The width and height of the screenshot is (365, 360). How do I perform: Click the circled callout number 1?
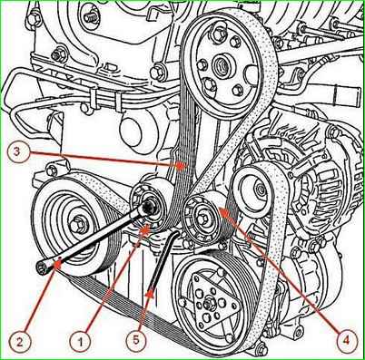point(80,342)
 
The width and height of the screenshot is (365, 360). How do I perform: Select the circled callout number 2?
point(20,342)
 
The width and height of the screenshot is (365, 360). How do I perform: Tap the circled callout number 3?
point(17,151)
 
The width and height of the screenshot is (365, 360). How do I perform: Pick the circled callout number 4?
point(345,341)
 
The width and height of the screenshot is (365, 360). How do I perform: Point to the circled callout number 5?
point(136,339)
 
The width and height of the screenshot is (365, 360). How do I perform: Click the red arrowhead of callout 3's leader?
point(181,165)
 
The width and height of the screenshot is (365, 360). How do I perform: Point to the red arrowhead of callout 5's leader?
point(151,294)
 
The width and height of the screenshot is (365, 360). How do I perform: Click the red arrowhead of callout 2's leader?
point(56,265)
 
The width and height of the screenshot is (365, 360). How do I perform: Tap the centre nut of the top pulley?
point(222,64)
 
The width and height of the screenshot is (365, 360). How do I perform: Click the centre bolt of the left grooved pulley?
point(75,225)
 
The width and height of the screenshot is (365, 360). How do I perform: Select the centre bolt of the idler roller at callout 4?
point(202,217)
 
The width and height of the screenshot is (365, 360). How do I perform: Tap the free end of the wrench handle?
point(41,268)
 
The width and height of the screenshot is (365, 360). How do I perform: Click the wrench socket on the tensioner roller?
point(149,207)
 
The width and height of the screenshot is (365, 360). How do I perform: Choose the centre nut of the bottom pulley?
point(209,305)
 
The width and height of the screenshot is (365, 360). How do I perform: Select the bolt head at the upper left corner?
point(34,18)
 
